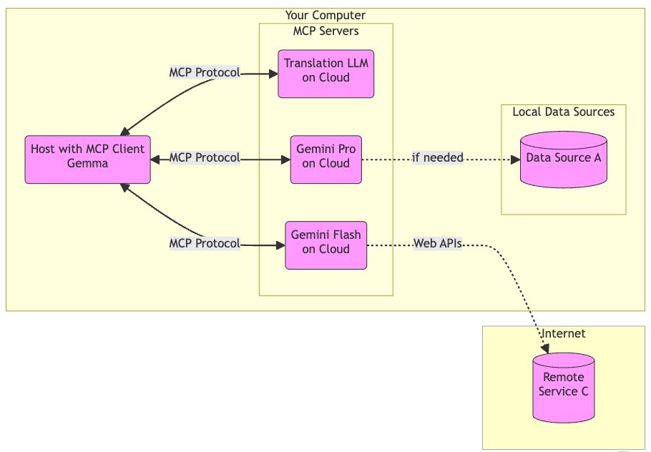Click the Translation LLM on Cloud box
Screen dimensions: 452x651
(x=325, y=70)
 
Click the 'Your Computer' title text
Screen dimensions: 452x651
(x=325, y=15)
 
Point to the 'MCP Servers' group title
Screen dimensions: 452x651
(x=325, y=31)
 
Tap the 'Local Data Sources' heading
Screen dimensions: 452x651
(x=563, y=112)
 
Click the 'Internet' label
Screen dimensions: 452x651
(x=563, y=333)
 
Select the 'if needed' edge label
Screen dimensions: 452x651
(x=437, y=157)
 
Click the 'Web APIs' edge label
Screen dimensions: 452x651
(x=437, y=244)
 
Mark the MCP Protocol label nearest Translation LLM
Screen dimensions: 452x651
(x=204, y=72)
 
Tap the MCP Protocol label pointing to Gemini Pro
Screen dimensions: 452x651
(x=204, y=157)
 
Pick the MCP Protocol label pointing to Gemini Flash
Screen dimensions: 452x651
(x=204, y=243)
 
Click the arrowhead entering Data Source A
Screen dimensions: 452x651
(x=515, y=159)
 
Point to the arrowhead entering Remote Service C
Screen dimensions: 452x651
(x=546, y=349)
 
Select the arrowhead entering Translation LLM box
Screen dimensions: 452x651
(x=273, y=73)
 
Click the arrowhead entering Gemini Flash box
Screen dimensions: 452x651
(x=280, y=245)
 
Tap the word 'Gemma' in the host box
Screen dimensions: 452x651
(x=87, y=164)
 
